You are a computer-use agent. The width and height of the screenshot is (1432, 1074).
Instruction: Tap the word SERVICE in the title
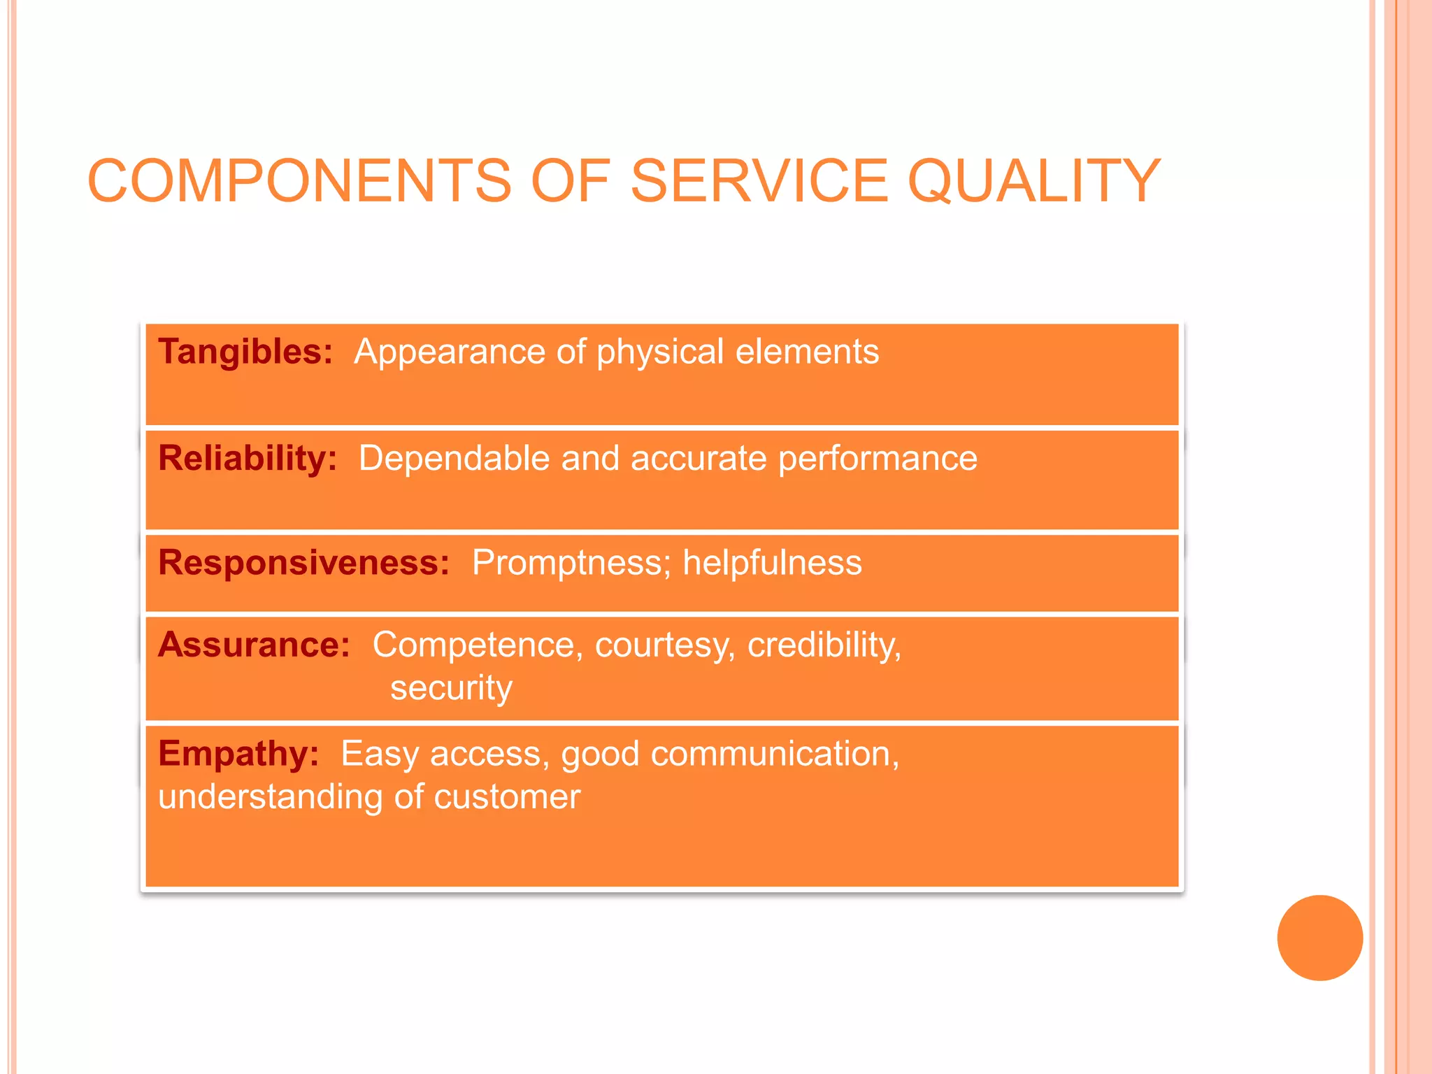point(759,181)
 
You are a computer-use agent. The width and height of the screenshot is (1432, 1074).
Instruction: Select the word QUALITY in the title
point(1033,181)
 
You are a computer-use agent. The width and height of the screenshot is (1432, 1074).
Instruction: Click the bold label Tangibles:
point(245,351)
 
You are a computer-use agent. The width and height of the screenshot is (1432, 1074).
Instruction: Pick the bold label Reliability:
point(248,458)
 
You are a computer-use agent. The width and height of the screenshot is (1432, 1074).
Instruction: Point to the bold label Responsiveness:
point(304,562)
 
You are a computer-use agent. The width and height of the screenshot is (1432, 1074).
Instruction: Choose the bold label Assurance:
point(254,644)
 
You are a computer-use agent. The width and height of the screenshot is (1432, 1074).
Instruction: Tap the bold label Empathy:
point(238,754)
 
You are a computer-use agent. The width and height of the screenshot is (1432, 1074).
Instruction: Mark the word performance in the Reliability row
point(878,459)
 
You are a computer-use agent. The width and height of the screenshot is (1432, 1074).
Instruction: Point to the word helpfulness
point(772,562)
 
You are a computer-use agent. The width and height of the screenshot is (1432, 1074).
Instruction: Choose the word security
point(451,688)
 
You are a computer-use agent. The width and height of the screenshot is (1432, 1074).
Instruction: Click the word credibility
point(824,645)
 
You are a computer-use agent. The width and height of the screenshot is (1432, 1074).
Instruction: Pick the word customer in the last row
point(507,797)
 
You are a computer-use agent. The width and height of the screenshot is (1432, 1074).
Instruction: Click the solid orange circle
point(1319,938)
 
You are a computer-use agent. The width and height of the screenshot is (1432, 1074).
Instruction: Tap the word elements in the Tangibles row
point(807,351)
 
